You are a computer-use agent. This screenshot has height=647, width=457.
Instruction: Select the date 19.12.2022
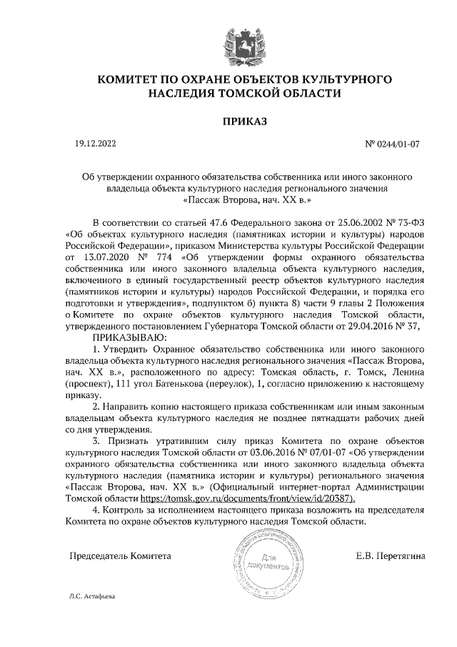pyautogui.click(x=95, y=144)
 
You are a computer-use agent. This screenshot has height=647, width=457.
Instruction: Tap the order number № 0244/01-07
pyautogui.click(x=392, y=144)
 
